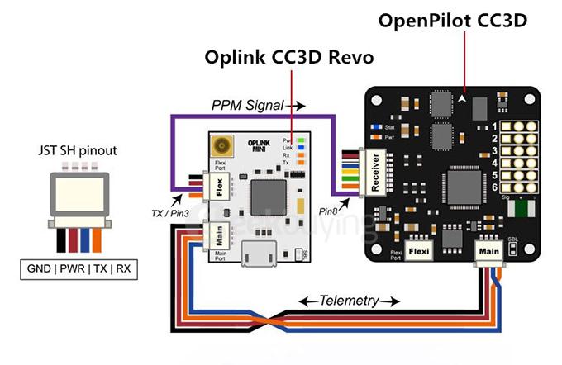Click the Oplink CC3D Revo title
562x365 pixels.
pos(290,58)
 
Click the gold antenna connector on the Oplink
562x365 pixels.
pos(221,149)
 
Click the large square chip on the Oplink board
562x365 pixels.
pos(267,195)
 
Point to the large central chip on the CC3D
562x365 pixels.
pos(464,184)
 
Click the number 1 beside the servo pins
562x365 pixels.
pos(493,126)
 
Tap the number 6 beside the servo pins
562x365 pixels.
pos(493,189)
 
